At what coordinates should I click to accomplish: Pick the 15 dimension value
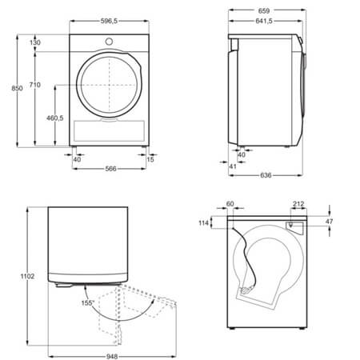coord(151,159)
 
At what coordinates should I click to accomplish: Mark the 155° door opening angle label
coord(87,303)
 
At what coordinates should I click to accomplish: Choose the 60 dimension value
coord(230,205)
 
